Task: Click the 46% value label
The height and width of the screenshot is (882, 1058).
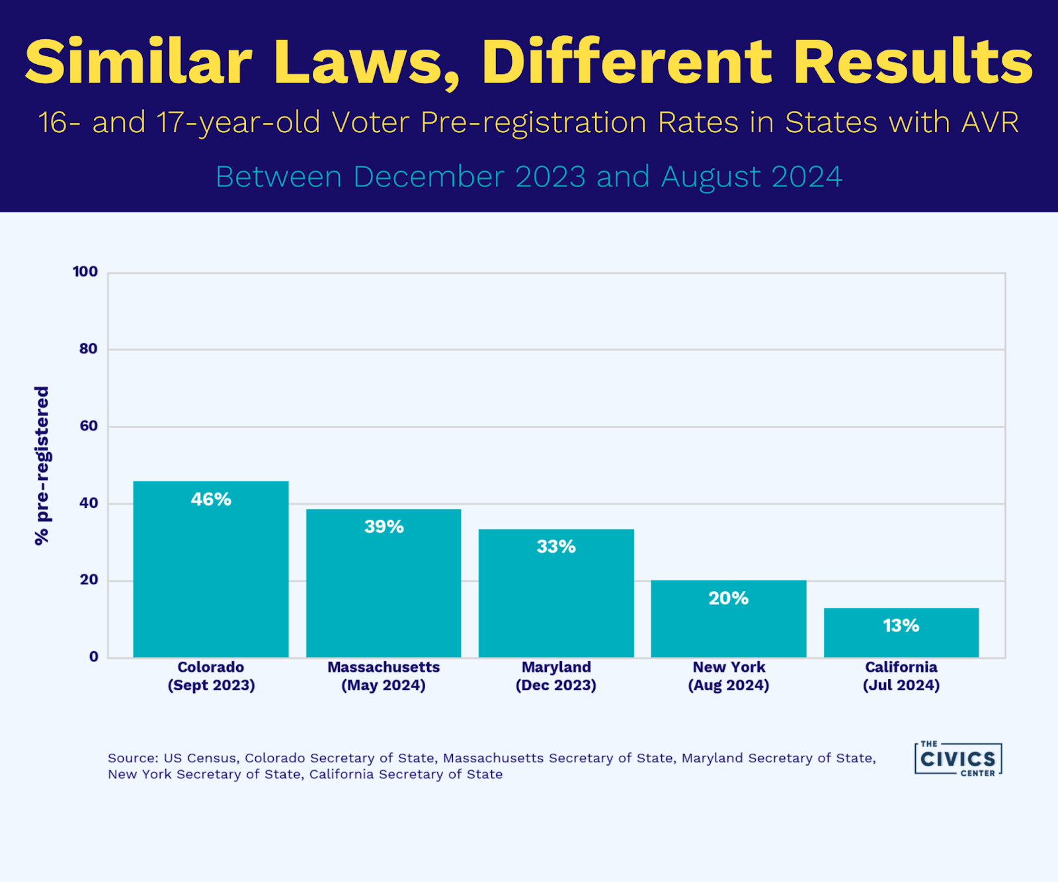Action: pos(211,499)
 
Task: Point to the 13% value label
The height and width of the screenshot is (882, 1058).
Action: pos(901,625)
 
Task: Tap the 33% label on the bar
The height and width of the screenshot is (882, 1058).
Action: pos(556,547)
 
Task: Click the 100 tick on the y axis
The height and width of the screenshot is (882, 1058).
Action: pos(85,272)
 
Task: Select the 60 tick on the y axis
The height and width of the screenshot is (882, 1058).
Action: pos(89,426)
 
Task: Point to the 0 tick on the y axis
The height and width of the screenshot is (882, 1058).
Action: pos(94,657)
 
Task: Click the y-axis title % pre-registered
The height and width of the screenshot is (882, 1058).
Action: pos(42,465)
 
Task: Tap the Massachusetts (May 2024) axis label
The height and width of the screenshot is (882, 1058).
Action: pos(384,676)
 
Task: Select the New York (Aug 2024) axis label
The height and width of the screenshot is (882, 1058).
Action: pos(729,676)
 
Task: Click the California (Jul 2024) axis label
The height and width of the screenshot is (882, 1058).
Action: pos(901,676)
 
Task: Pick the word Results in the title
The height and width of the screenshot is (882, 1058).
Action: pos(913,62)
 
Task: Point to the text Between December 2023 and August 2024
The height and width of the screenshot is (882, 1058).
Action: pos(529,177)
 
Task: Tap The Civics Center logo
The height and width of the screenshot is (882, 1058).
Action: pos(957,758)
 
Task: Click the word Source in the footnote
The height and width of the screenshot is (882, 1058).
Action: pos(132,758)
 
